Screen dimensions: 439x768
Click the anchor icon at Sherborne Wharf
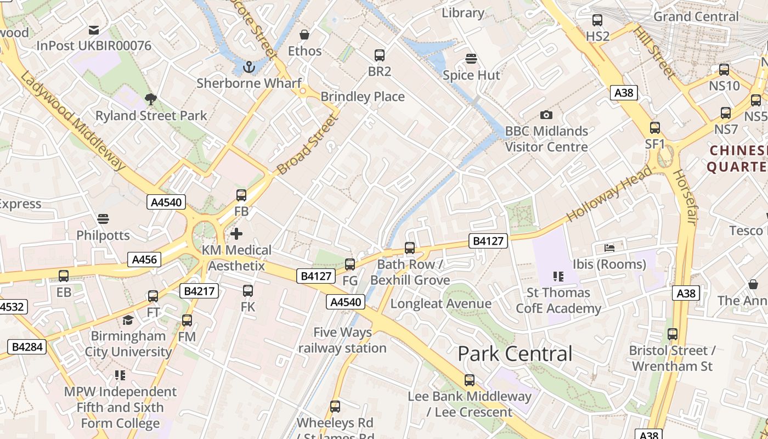click(x=250, y=67)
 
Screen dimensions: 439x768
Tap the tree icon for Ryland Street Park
click(x=151, y=99)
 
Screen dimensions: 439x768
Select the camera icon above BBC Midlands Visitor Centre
click(x=546, y=115)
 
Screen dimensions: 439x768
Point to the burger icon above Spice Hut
click(x=471, y=58)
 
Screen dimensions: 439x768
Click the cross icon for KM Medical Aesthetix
click(x=236, y=234)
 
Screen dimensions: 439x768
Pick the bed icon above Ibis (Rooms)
click(x=609, y=248)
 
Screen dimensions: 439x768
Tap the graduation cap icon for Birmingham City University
click(x=128, y=320)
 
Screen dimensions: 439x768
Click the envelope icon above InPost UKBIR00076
click(x=94, y=30)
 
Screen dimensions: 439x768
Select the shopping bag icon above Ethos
click(x=304, y=35)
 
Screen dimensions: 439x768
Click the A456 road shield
click(x=145, y=260)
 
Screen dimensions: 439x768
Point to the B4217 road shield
click(x=201, y=291)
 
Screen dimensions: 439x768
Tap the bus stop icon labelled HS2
click(x=597, y=20)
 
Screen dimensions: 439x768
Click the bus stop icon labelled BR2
click(x=380, y=55)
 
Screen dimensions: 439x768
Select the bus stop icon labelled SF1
click(x=655, y=128)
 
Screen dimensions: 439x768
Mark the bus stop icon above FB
click(x=241, y=195)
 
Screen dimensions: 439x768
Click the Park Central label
click(x=515, y=354)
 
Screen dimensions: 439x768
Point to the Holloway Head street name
click(x=609, y=194)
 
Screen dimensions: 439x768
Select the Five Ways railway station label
click(x=342, y=340)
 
